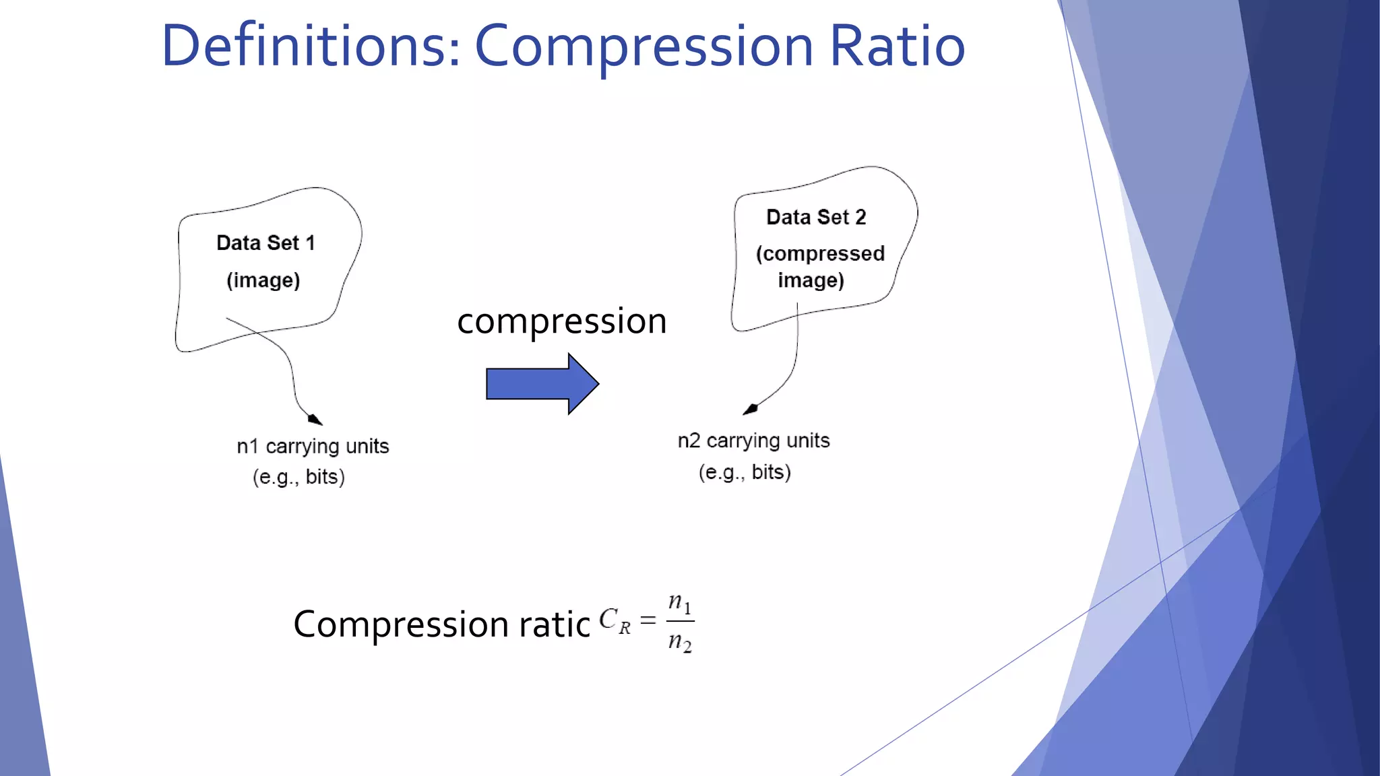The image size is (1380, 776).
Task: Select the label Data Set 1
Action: pyautogui.click(x=265, y=243)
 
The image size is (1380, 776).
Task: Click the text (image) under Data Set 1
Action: pyautogui.click(x=263, y=280)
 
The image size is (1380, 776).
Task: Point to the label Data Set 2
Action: pyautogui.click(x=816, y=217)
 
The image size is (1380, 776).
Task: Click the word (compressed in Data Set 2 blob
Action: pyautogui.click(x=820, y=253)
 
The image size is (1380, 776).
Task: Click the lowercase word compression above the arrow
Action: pyautogui.click(x=561, y=321)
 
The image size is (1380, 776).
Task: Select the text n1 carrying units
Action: pyautogui.click(x=313, y=446)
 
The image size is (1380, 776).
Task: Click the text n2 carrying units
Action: pyautogui.click(x=753, y=441)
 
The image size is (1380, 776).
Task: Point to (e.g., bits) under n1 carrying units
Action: pyautogui.click(x=299, y=477)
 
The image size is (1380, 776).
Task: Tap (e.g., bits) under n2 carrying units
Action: pyautogui.click(x=745, y=472)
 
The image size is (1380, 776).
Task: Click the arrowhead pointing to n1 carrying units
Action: pyautogui.click(x=315, y=419)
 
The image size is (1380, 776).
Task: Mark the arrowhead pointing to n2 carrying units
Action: pyautogui.click(x=751, y=409)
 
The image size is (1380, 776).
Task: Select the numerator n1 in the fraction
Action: pyautogui.click(x=679, y=602)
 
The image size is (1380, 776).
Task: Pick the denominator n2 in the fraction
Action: pyautogui.click(x=679, y=642)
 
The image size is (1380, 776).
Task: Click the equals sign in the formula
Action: pyautogui.click(x=648, y=620)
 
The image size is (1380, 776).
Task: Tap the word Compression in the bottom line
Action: pyautogui.click(x=400, y=624)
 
